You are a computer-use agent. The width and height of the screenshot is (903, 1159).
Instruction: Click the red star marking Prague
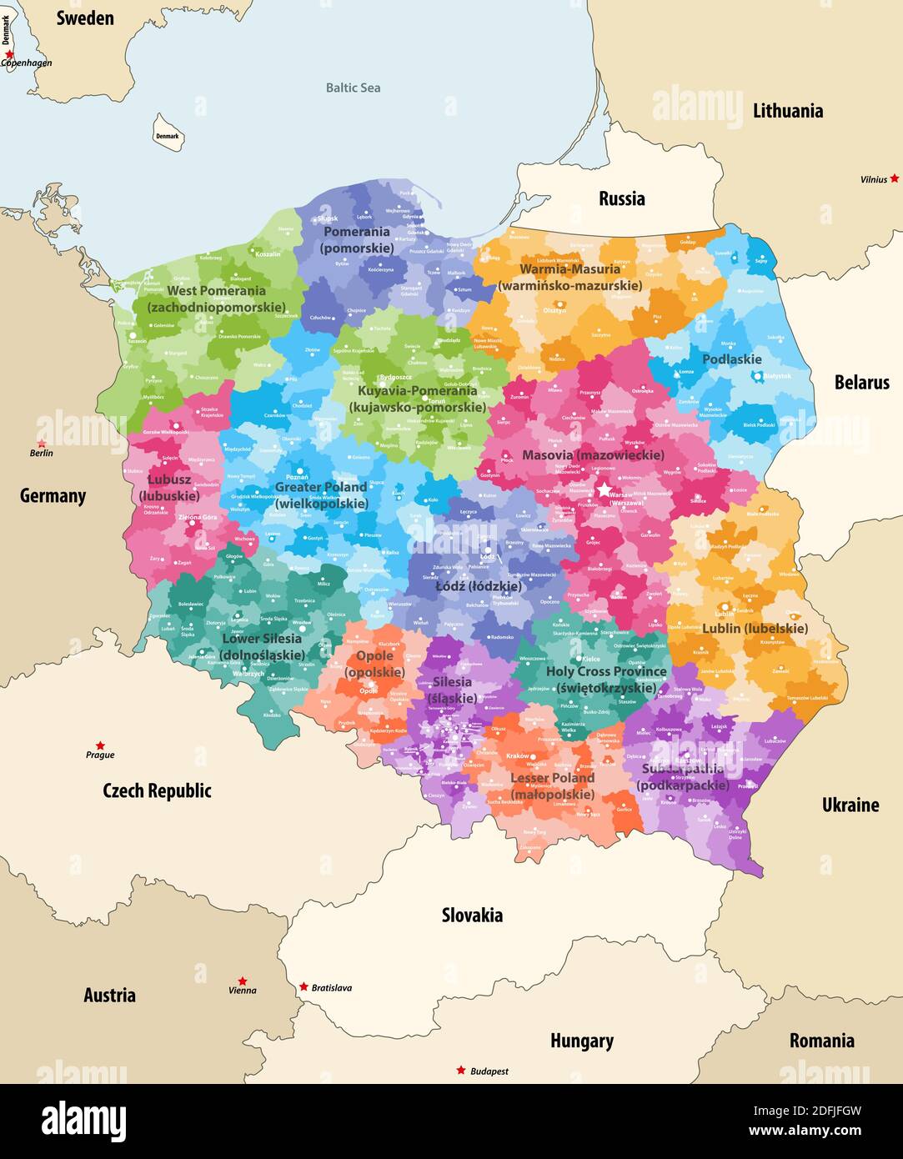100,745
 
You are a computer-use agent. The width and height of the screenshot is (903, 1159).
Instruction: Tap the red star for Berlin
42,444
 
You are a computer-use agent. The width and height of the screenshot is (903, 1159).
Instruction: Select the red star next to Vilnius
894,178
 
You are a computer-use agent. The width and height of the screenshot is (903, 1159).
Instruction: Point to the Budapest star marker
460,1070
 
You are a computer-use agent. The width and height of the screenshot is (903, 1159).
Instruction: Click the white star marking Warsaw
604,490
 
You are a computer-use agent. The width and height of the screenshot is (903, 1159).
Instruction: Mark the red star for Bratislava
304,986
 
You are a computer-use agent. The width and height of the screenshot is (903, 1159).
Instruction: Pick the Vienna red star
242,981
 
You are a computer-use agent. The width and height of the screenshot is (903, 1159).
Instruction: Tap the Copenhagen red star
9,54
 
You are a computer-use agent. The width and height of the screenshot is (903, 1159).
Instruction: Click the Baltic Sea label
353,88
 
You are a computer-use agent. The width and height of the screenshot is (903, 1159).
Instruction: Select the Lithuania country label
787,111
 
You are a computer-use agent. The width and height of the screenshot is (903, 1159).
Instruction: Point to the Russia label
621,198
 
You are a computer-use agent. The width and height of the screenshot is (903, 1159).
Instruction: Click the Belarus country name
861,383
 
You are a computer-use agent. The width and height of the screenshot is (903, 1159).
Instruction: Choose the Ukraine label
850,805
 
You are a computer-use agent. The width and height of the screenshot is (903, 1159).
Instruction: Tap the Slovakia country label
472,916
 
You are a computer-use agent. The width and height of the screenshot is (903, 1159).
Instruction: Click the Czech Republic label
157,790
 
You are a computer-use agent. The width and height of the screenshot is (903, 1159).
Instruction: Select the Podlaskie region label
731,359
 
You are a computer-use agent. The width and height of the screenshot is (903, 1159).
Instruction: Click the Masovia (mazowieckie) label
593,455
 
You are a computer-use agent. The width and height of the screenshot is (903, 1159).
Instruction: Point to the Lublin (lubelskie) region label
755,628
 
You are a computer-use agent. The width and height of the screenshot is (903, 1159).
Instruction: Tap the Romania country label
821,1041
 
